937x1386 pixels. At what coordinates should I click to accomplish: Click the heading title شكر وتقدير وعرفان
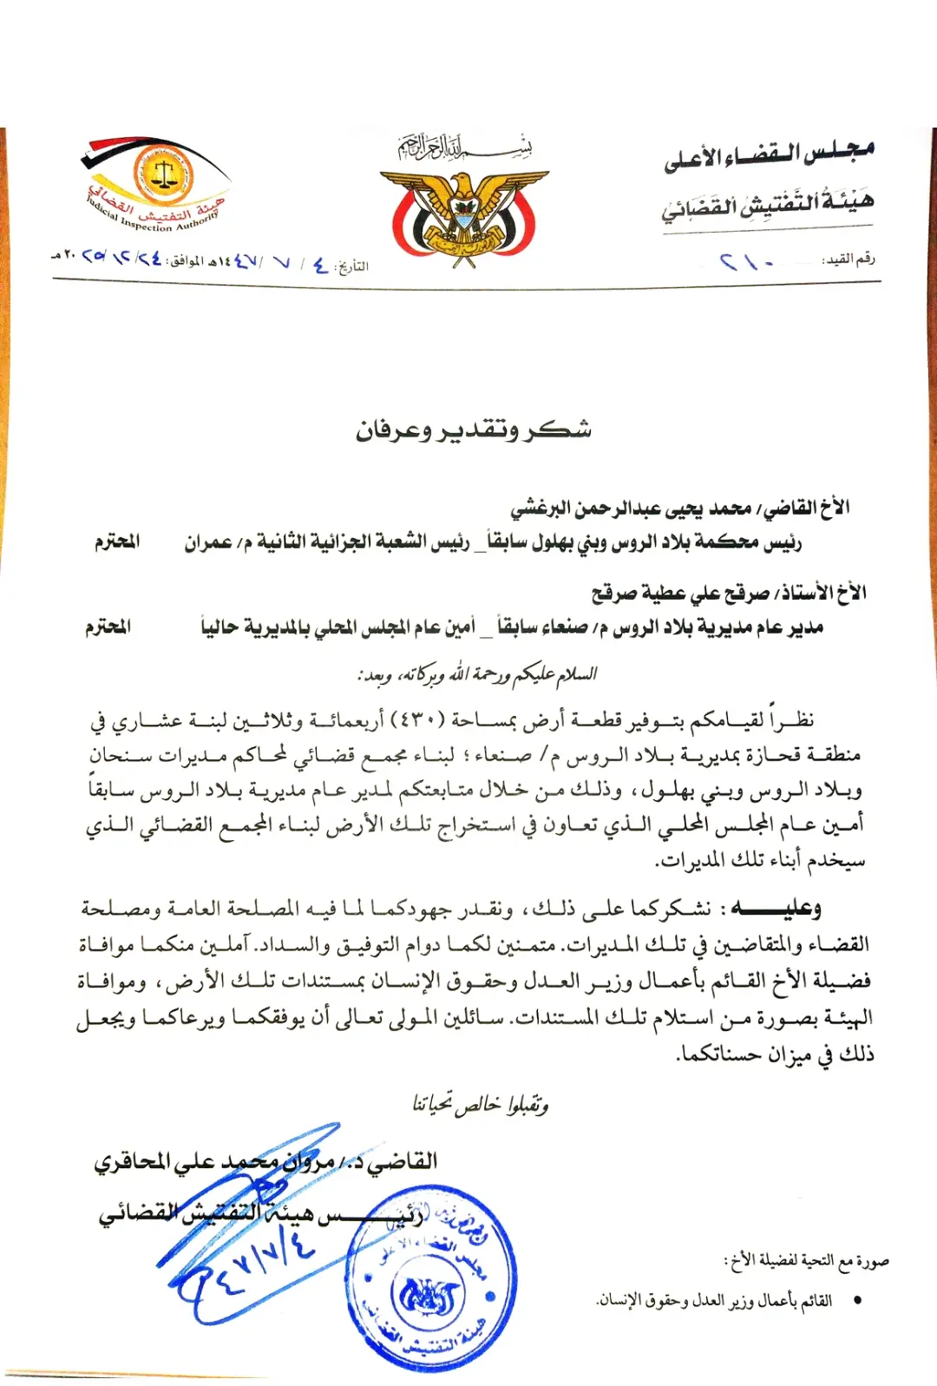point(474,430)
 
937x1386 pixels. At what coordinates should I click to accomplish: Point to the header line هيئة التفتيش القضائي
point(767,206)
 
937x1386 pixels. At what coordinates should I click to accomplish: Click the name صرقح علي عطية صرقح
point(681,594)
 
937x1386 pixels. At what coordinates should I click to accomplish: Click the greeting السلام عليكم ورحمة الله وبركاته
point(477,674)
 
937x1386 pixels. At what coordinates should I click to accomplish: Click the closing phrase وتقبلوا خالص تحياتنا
point(480,1104)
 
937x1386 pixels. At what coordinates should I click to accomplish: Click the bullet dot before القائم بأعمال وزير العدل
point(857,1300)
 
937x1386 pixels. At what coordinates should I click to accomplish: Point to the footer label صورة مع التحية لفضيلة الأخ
point(807,1260)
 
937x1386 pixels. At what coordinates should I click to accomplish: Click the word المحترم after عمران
point(117,542)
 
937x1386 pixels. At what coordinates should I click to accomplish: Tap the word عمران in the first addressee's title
point(207,542)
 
